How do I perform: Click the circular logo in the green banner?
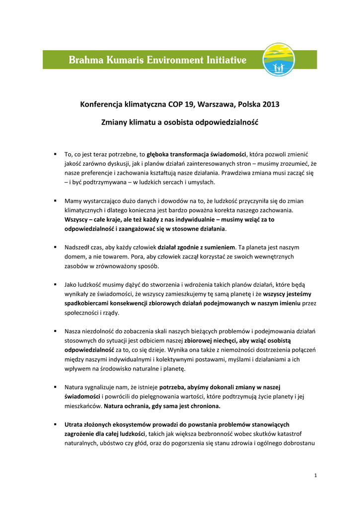tap(279, 60)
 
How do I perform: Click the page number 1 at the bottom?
tap(315, 476)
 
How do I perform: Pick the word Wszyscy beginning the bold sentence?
tap(76, 219)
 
